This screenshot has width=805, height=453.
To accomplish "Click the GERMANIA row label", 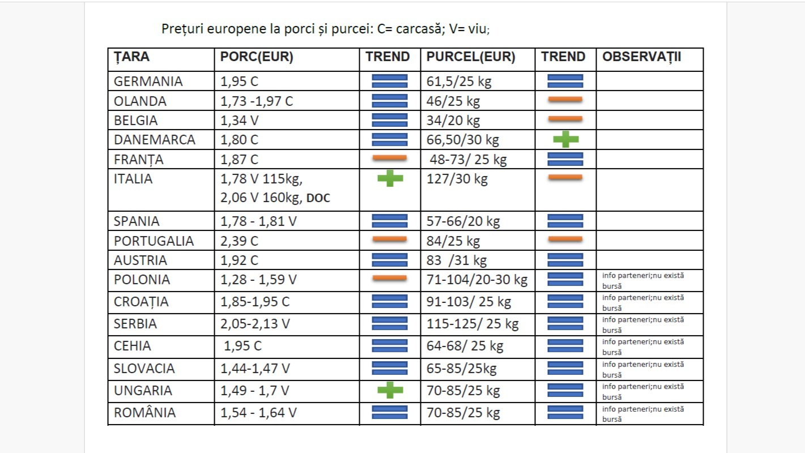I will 148,81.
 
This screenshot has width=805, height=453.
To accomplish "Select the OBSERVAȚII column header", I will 641,57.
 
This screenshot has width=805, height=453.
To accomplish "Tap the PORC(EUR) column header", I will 256,57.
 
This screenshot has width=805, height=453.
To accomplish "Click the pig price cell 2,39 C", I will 239,241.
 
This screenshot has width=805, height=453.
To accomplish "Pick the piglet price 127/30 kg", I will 457,179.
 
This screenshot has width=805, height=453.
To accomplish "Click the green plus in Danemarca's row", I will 565,139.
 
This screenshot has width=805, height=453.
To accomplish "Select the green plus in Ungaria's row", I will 390,390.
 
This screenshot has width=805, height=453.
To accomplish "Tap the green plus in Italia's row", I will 390,179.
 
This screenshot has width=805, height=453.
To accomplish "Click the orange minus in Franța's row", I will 390,158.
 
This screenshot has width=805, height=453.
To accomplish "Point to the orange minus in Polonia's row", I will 390,278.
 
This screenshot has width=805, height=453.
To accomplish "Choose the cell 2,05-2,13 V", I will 255,323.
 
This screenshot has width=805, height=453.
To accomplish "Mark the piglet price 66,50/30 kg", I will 462,139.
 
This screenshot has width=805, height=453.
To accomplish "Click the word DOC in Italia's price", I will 318,198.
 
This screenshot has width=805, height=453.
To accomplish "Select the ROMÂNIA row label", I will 144,412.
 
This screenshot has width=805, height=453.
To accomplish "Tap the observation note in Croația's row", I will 643,302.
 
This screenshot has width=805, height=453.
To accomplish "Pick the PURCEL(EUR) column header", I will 470,57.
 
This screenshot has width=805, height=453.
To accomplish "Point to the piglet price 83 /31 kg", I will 456,260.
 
